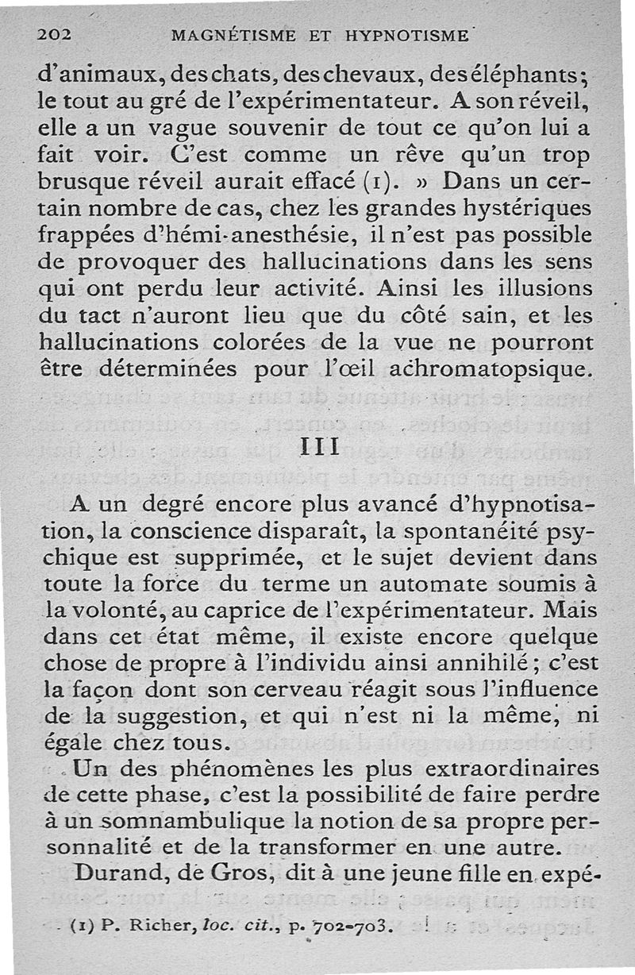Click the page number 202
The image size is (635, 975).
55,34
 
